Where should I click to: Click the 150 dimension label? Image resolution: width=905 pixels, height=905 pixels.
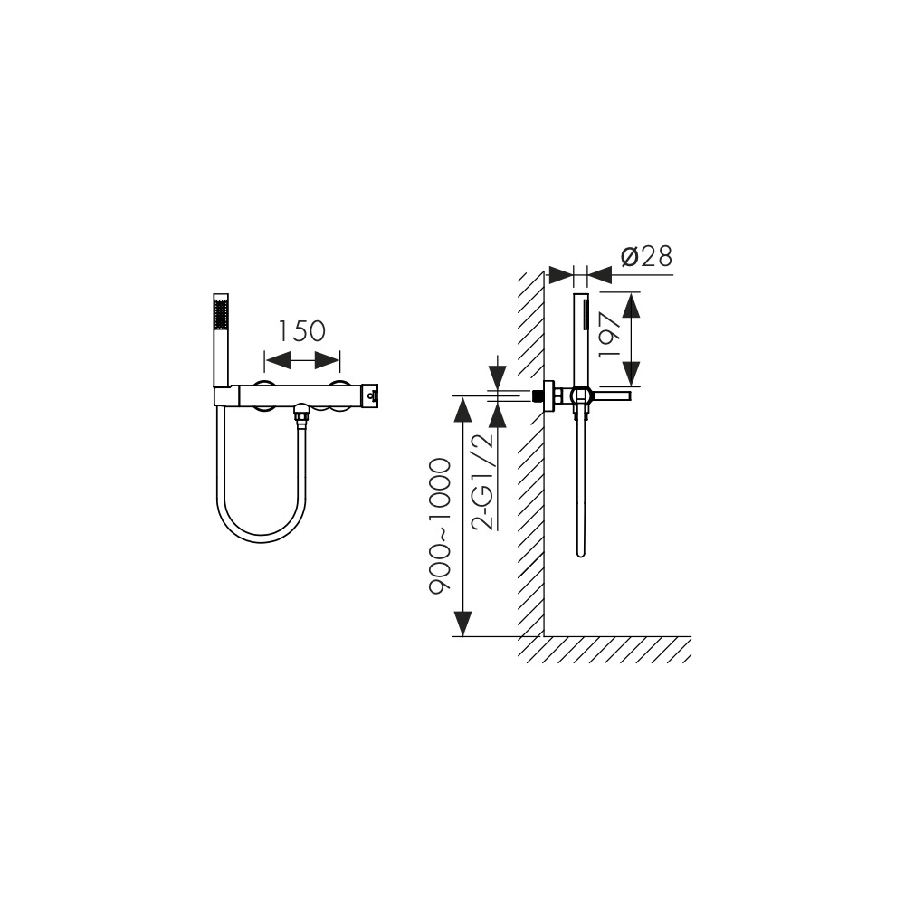pos(302,331)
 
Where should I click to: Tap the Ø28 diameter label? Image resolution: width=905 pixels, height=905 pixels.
pos(646,257)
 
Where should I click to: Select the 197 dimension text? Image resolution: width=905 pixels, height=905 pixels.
pos(611,337)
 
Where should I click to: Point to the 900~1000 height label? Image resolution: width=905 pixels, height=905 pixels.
pos(439,527)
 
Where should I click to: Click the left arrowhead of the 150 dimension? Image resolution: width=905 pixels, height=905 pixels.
pos(277,362)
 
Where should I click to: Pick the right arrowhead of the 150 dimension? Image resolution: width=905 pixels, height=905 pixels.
pos(328,362)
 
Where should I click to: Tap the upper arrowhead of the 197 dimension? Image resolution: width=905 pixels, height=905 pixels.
pos(633,305)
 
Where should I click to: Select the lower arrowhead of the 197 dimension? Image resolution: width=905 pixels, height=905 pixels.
pos(633,373)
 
